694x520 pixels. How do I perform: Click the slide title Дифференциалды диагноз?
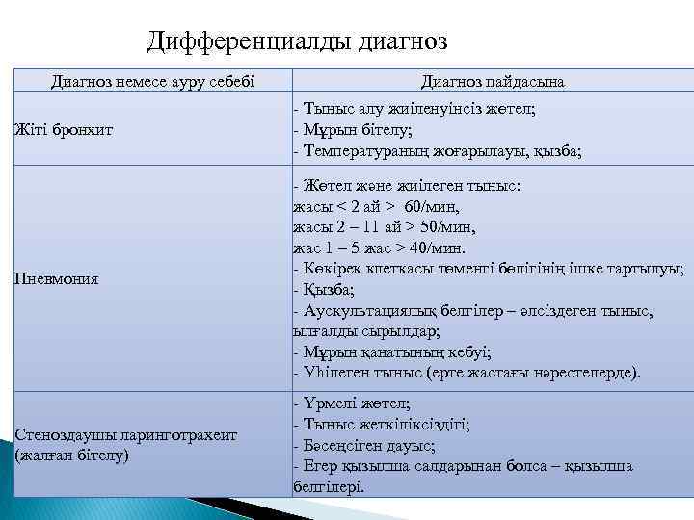point(298,41)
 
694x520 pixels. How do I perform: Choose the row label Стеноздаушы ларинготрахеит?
point(125,435)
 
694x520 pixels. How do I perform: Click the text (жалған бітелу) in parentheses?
point(71,454)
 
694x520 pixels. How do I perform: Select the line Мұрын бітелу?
point(355,130)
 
